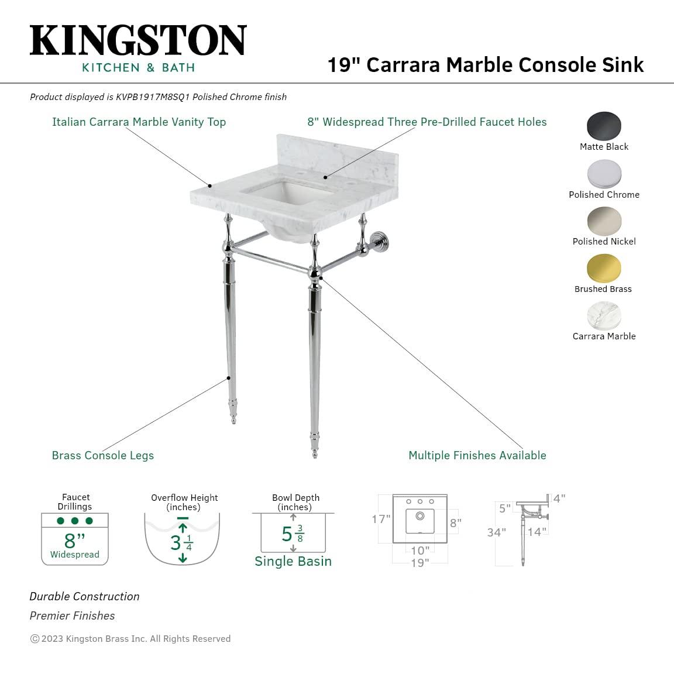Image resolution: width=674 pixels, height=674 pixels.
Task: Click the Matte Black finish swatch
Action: (x=604, y=126)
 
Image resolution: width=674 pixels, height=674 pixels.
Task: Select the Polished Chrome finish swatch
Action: (x=604, y=174)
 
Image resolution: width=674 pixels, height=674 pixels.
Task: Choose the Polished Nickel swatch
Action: (x=604, y=221)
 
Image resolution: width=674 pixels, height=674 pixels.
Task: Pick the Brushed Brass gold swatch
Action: (x=604, y=269)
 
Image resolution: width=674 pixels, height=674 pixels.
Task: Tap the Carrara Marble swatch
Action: (x=604, y=316)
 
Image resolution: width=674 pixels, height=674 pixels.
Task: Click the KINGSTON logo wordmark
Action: (x=138, y=41)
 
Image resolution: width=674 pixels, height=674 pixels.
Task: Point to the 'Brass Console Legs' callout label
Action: (x=103, y=455)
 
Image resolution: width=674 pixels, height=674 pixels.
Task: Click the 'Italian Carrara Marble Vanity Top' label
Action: (x=139, y=122)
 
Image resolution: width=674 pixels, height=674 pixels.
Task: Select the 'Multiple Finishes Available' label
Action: (x=477, y=455)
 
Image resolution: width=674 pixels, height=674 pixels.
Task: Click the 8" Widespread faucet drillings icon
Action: (x=75, y=538)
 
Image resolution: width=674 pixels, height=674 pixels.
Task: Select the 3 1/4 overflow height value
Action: (x=181, y=543)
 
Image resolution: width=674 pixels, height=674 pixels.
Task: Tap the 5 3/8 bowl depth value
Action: (x=293, y=534)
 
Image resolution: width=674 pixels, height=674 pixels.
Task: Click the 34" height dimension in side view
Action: (x=496, y=532)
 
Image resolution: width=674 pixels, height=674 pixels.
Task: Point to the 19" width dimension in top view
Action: (x=419, y=563)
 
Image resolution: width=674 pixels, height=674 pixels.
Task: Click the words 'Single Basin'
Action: (x=293, y=561)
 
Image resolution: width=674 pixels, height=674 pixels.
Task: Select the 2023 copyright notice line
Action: (x=130, y=638)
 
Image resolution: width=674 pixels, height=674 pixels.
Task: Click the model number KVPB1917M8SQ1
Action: (x=153, y=97)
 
